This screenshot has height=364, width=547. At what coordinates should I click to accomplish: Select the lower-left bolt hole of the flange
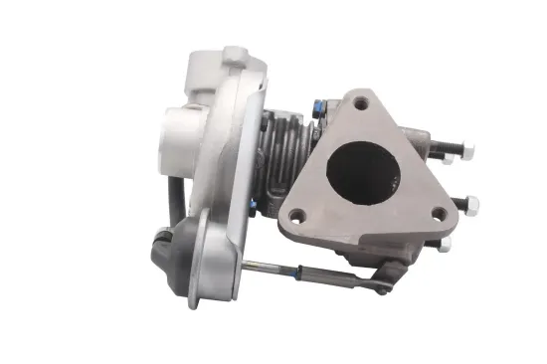[x=295, y=211]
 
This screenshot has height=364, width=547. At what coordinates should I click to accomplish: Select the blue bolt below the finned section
[x=255, y=206]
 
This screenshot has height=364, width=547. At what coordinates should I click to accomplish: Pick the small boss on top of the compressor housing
[x=232, y=54]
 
